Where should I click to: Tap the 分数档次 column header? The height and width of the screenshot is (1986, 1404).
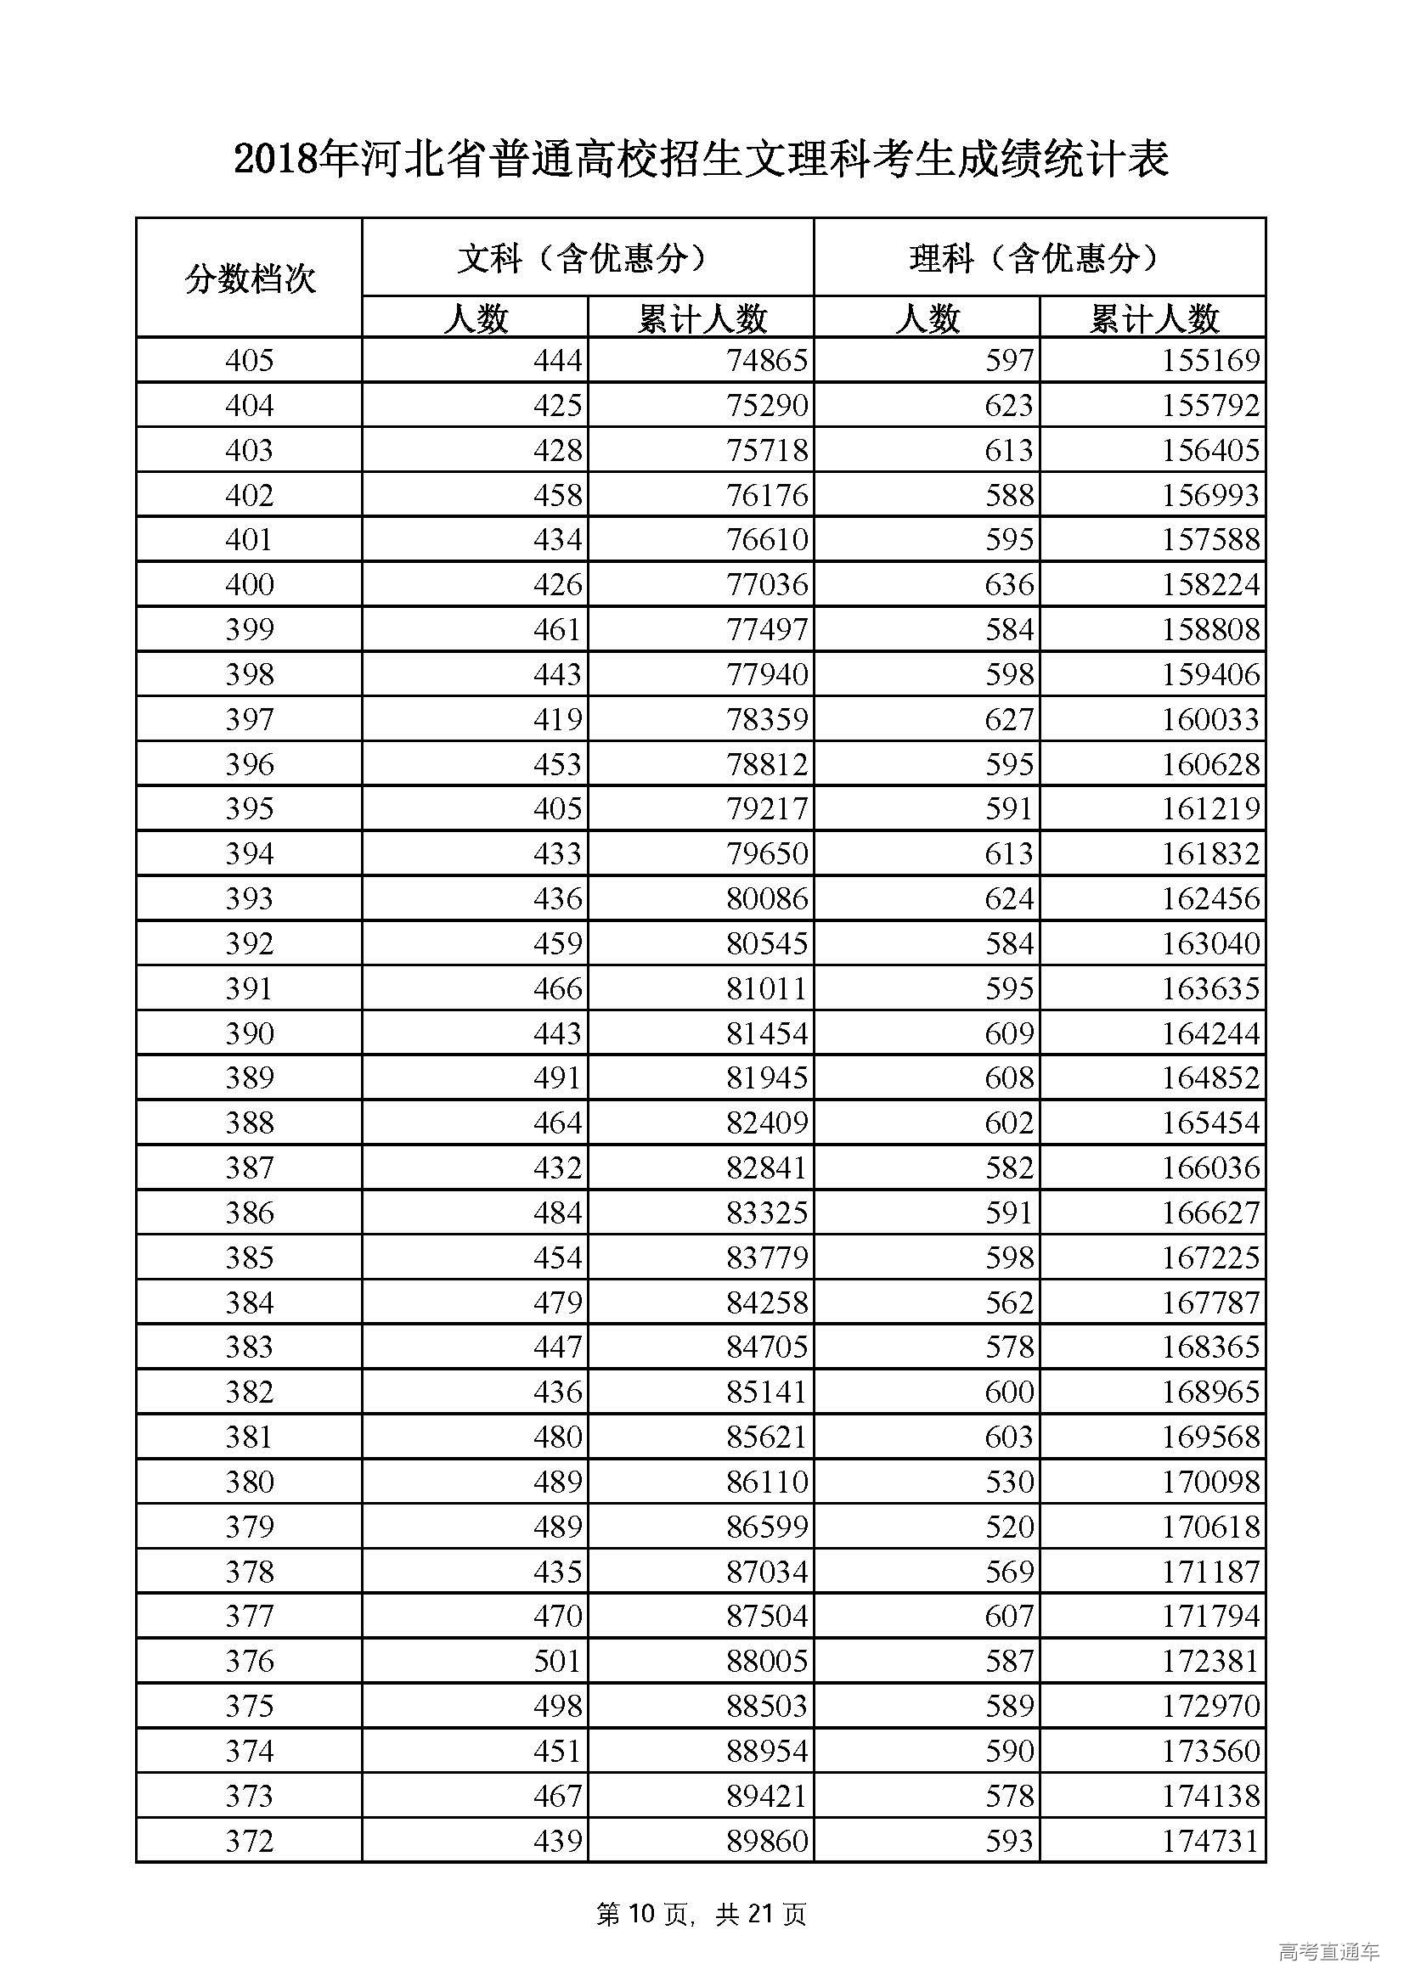249,278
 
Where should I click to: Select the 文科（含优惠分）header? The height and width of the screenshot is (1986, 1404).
588,258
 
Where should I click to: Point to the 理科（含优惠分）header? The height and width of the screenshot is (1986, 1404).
1039,258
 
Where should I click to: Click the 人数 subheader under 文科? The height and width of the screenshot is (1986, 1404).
475,318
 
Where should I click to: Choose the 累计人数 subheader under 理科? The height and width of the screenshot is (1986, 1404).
1153,318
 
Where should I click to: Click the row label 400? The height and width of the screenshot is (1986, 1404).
249,585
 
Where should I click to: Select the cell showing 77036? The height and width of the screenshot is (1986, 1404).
767,585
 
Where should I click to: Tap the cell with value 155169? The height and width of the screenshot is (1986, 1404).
1209,361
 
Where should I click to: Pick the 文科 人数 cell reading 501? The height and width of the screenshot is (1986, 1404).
557,1661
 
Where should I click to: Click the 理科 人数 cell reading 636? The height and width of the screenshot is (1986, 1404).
1009,585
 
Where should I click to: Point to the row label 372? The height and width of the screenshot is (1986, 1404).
249,1841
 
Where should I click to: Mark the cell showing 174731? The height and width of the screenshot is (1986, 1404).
1209,1841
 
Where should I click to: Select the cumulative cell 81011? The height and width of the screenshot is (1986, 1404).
767,988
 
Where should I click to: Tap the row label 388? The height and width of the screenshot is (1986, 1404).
249,1122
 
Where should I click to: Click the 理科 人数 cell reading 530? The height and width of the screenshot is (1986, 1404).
1009,1482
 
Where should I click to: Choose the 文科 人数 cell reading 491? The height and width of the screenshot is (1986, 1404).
557,1077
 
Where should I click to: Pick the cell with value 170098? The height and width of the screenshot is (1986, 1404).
1209,1482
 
